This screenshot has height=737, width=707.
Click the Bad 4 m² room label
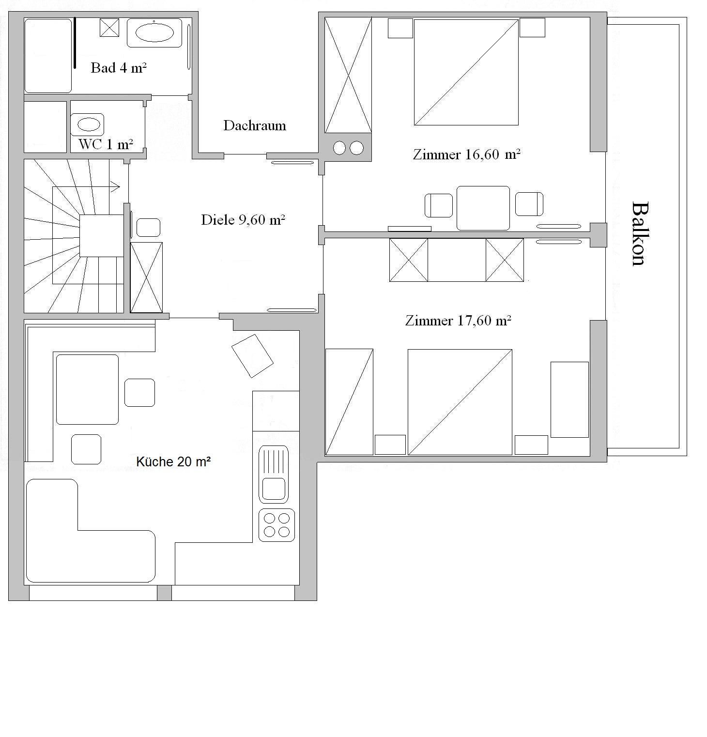coord(119,68)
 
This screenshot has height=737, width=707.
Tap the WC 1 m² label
coord(106,144)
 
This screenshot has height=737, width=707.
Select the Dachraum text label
coord(255,125)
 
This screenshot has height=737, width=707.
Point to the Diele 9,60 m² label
coord(243,220)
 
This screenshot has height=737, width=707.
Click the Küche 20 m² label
coord(173,462)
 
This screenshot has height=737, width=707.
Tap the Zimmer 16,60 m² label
coord(467,154)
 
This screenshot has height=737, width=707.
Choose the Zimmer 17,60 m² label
coord(459,321)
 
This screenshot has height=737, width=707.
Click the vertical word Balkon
coord(639,234)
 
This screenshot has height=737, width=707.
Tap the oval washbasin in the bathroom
coord(154,33)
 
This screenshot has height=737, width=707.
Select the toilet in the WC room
coord(88,124)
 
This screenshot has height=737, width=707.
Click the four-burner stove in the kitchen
coord(277,525)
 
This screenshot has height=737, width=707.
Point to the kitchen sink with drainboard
coord(274,475)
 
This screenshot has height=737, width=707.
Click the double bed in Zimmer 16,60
coord(466,72)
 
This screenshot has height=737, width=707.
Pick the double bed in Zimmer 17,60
coord(460,402)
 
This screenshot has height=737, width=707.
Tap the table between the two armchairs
coord(483,208)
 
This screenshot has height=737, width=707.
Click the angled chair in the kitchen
coord(252,356)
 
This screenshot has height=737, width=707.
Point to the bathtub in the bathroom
coord(48,56)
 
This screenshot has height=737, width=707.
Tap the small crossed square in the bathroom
coord(109,28)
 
